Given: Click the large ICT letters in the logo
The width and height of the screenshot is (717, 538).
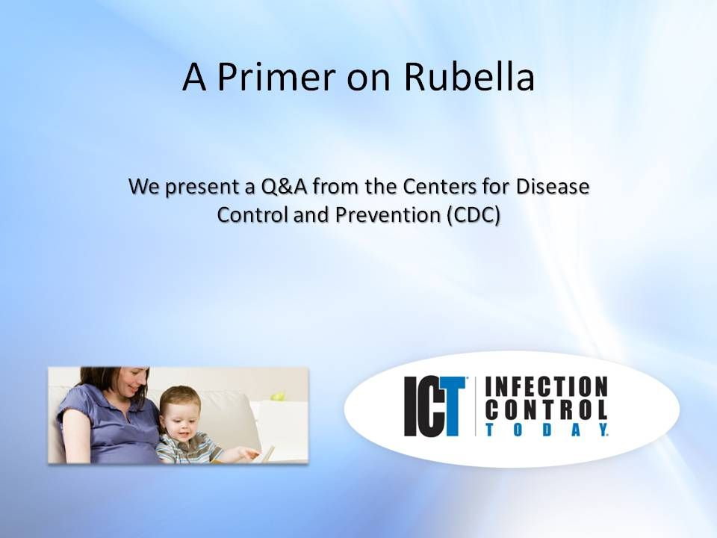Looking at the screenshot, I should coord(435,406).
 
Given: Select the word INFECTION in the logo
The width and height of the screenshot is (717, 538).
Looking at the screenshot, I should coord(547,387).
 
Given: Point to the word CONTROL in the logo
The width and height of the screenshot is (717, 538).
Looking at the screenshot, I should coord(547,409).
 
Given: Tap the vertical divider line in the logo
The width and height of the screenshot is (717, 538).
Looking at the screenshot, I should coord(476,406).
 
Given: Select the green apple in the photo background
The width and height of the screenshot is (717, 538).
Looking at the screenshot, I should coord(277,395).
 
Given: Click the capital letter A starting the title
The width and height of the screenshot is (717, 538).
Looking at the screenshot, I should coord(194,78).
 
